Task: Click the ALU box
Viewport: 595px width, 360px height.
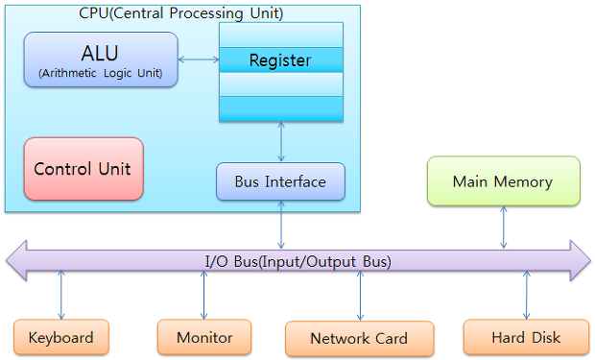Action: click(101, 60)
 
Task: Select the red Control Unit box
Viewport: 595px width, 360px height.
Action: click(83, 169)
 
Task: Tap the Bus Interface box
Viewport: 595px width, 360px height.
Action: click(280, 181)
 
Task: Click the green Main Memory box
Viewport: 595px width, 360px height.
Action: click(503, 181)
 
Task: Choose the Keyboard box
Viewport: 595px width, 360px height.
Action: click(61, 337)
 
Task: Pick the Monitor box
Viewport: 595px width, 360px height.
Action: click(204, 337)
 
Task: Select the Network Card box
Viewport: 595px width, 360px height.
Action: click(359, 338)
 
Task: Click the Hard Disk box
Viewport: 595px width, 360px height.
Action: click(526, 337)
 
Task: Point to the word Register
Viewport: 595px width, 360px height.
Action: click(280, 60)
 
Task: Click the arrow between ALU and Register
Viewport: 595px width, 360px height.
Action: click(199, 60)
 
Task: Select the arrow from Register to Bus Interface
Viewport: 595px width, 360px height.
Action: click(281, 142)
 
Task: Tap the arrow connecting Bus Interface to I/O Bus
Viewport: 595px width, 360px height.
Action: click(281, 225)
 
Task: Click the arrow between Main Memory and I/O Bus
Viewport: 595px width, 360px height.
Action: click(504, 228)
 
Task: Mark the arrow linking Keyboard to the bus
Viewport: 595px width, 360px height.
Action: click(61, 295)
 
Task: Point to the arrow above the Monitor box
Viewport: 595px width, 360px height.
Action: click(204, 295)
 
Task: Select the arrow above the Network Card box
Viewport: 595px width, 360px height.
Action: click(360, 295)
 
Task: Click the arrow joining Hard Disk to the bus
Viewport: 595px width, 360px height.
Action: click(526, 295)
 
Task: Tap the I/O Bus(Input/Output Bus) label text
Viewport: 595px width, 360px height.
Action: click(297, 261)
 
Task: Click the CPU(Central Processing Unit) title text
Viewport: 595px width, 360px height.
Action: click(181, 13)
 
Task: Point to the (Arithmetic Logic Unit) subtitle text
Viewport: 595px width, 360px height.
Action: click(101, 73)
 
